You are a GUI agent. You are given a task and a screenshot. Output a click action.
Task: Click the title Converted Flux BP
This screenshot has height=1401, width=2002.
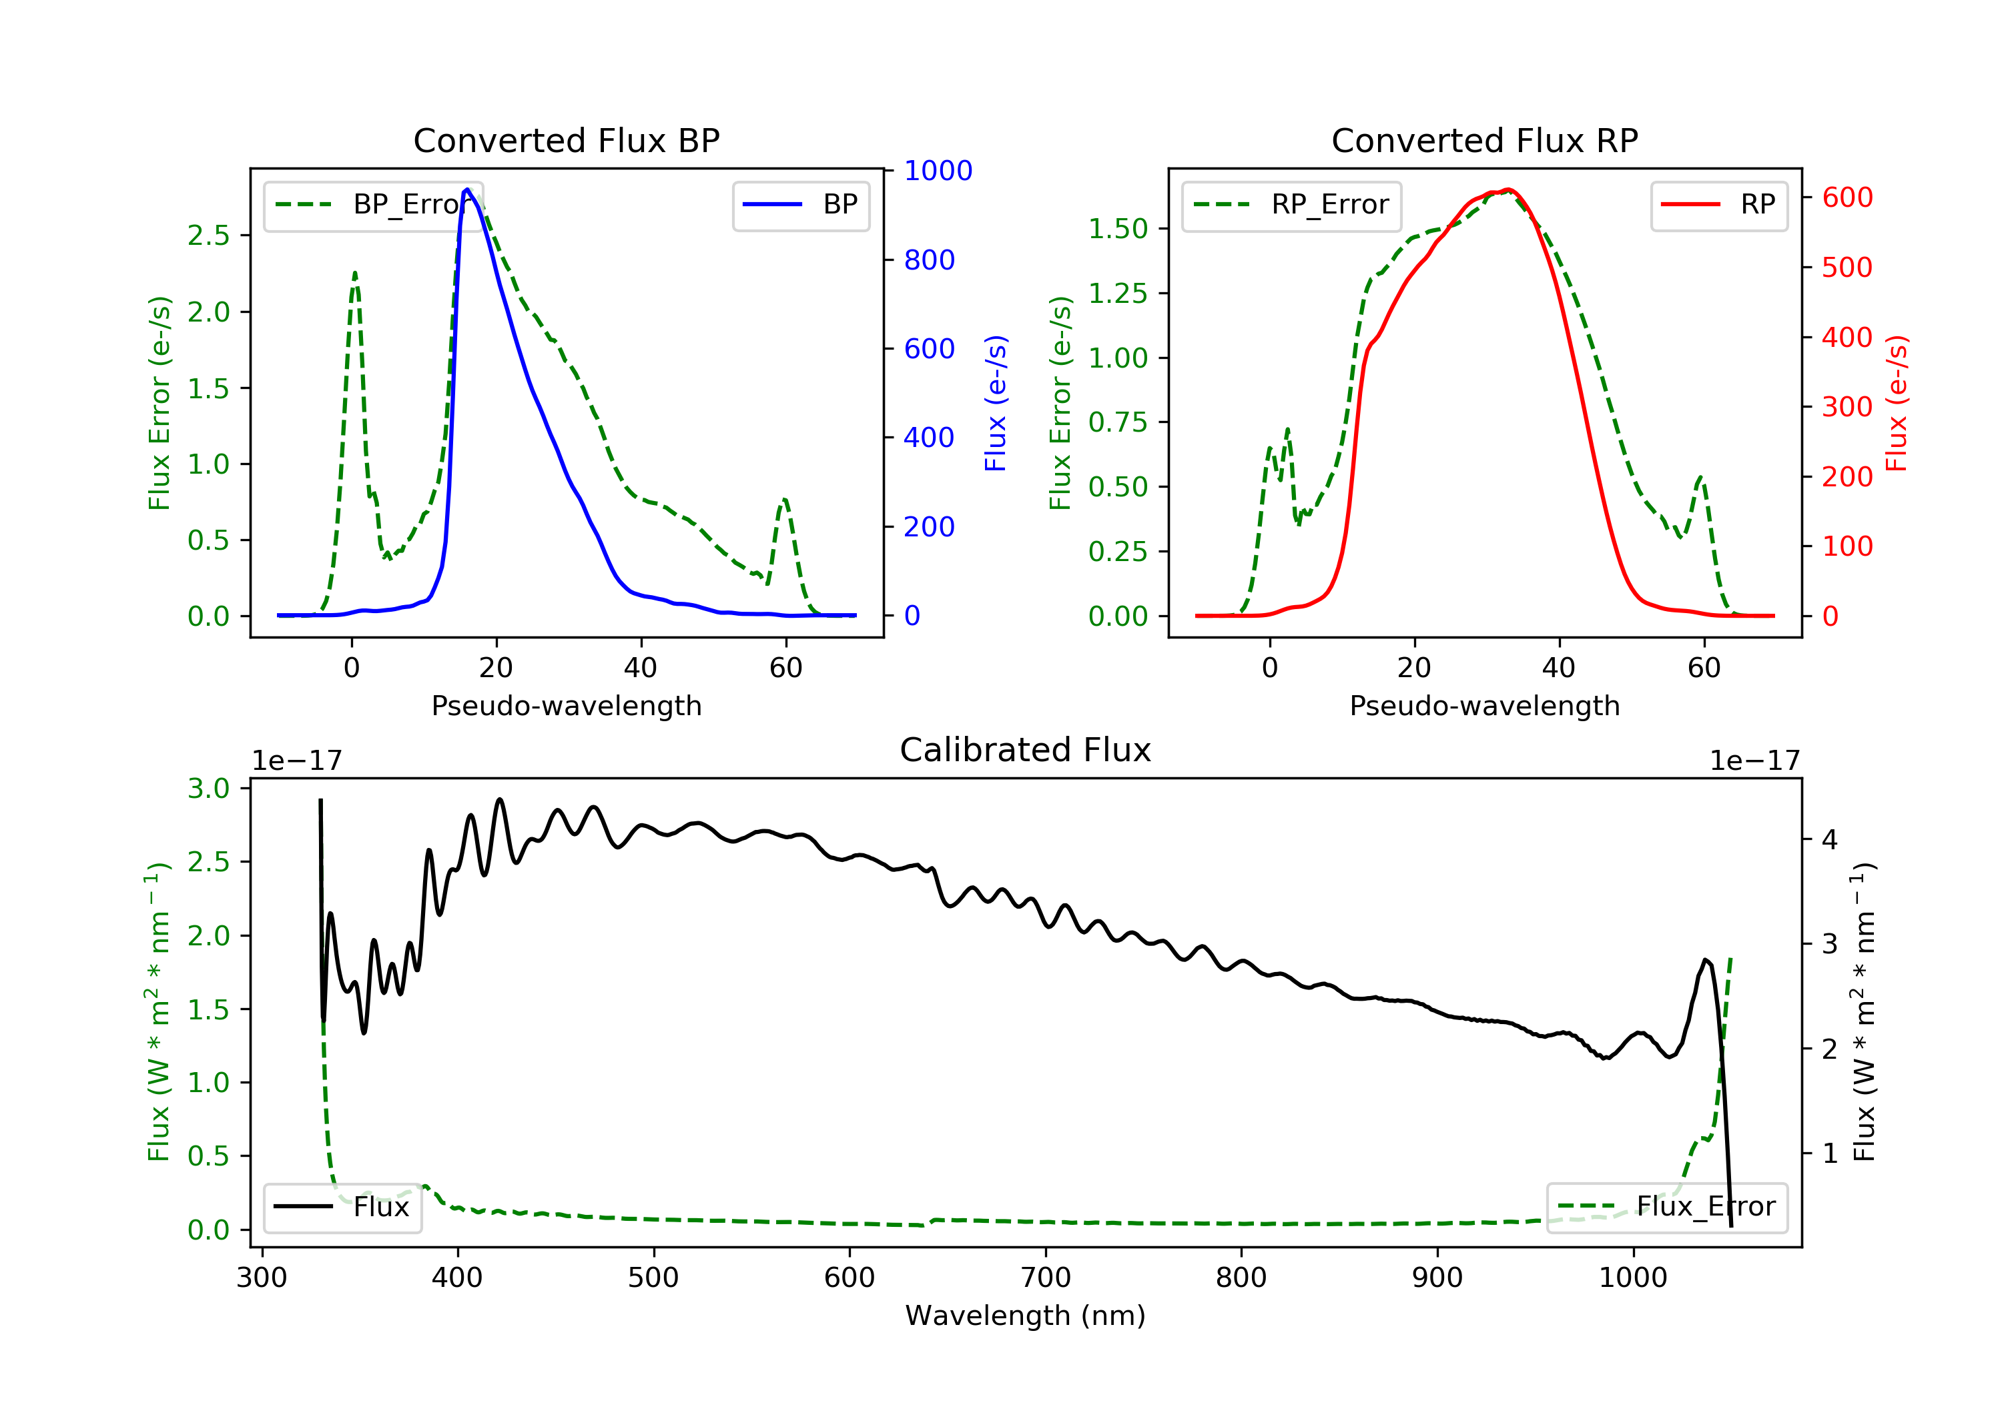(566, 140)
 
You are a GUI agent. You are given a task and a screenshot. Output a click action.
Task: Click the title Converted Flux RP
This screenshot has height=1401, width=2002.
(1484, 140)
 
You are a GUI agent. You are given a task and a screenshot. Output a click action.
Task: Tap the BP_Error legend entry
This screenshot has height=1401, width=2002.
(373, 205)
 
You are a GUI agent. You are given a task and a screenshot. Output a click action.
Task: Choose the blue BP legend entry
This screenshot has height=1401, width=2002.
(800, 205)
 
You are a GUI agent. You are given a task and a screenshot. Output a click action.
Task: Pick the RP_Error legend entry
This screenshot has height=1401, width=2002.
(1291, 205)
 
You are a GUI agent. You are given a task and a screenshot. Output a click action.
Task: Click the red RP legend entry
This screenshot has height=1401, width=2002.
(1718, 205)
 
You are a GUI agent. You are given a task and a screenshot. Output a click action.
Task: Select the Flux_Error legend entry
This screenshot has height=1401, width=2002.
(1666, 1208)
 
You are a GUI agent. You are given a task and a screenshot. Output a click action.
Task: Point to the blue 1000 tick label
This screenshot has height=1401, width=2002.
(938, 171)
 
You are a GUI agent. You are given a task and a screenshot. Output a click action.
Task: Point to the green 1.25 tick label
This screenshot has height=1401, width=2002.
(1117, 293)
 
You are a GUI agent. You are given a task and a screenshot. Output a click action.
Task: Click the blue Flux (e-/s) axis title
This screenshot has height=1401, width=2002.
(995, 404)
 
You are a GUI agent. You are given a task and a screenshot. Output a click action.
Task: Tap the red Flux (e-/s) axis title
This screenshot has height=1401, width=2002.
(1896, 404)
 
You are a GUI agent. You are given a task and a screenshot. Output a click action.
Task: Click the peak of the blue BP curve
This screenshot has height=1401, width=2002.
(467, 189)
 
